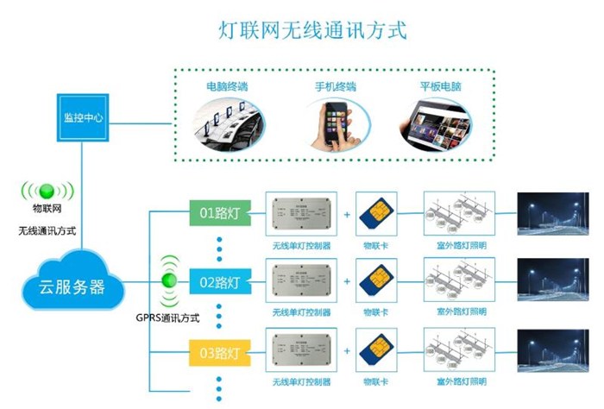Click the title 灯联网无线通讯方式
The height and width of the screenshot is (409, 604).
coord(311,30)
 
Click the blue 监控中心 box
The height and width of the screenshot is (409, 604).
coord(84,116)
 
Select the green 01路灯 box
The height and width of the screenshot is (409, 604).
coord(220,212)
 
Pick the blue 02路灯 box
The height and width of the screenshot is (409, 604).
coord(221,281)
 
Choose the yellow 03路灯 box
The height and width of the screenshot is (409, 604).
coord(220,353)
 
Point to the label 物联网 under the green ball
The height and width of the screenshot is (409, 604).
coord(47,208)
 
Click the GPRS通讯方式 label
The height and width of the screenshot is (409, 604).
coord(168,318)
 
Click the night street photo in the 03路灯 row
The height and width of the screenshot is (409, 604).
coord(552,354)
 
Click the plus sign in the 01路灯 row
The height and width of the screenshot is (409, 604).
coord(346,212)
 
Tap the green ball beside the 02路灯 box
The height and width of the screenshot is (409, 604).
coord(170,280)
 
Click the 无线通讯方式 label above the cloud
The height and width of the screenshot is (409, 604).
coord(48,232)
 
